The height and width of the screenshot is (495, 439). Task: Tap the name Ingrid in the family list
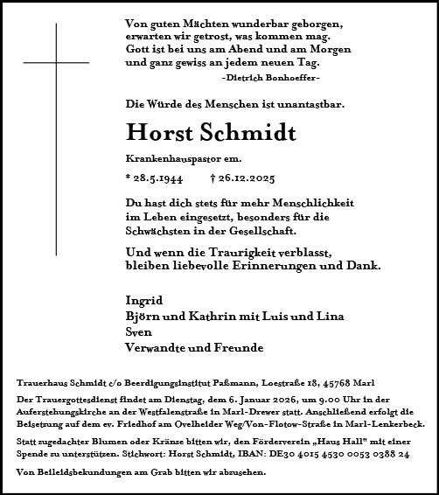click(x=143, y=300)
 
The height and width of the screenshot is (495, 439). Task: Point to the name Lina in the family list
click(x=332, y=316)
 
